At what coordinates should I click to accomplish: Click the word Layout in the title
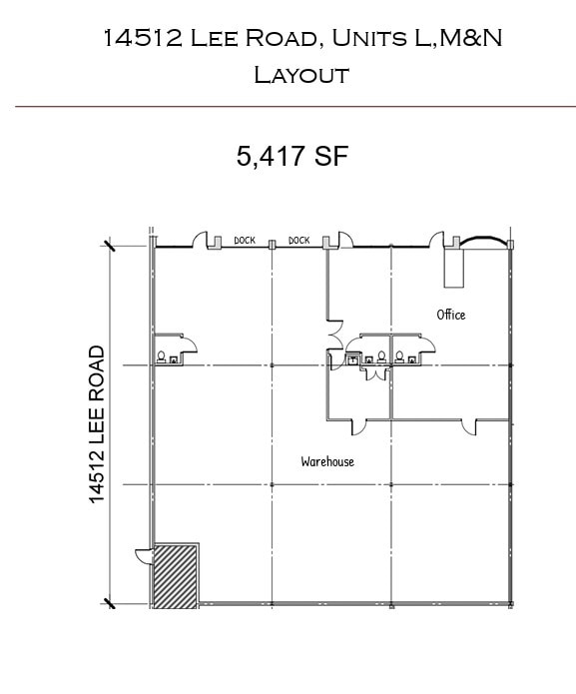[300, 74]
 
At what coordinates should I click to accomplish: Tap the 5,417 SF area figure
[291, 157]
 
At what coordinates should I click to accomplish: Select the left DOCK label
[245, 241]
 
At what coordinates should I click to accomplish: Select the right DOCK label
[298, 241]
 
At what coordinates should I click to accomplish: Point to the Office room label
[451, 315]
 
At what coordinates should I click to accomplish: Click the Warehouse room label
[327, 461]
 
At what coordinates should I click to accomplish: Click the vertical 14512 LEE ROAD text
[98, 424]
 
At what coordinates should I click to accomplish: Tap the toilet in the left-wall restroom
[161, 355]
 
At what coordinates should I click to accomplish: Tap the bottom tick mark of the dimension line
[109, 602]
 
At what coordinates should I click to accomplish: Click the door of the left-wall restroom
[187, 346]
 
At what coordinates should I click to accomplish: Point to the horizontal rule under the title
[294, 106]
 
